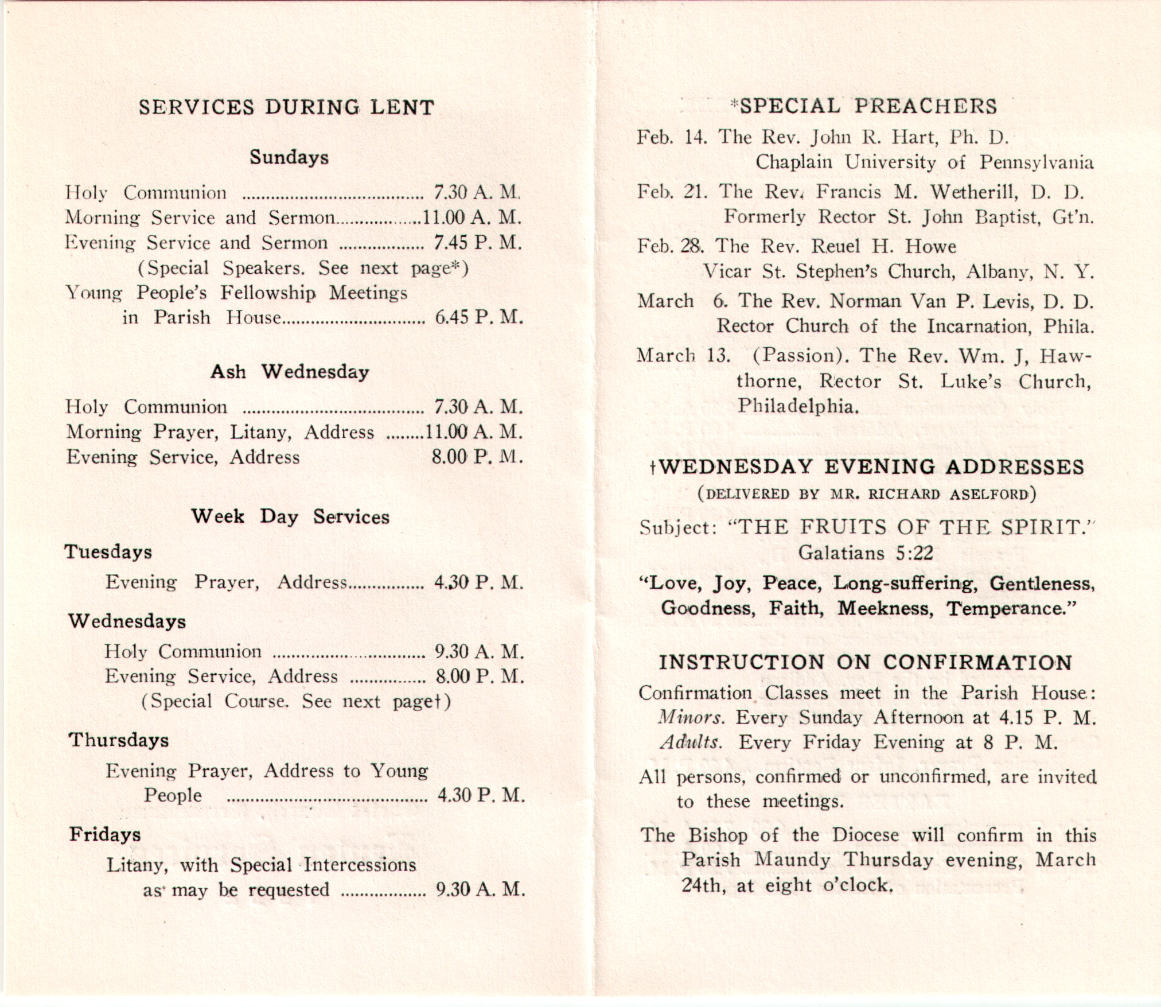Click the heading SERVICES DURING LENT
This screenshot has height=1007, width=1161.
286,107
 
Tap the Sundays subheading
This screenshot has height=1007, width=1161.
289,157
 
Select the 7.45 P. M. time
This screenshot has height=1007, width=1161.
477,243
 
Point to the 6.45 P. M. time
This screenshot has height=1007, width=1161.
478,317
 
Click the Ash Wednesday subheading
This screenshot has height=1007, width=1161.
290,372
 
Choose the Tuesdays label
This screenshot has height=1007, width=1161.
108,552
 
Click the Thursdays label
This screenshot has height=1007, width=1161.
119,740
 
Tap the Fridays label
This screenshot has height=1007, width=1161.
105,834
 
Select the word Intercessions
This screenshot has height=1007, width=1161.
360,865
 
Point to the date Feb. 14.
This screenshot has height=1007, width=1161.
671,138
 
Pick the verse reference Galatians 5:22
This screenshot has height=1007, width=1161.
866,553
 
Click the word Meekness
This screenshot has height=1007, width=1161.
885,608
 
